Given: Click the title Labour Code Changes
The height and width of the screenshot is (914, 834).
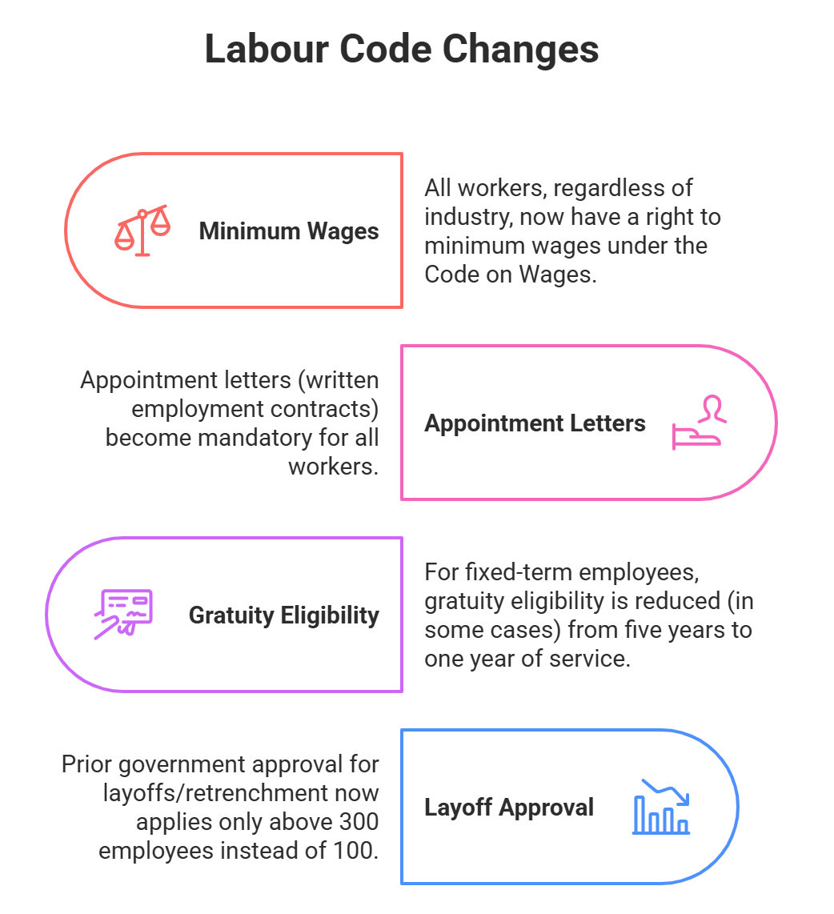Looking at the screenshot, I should pyautogui.click(x=401, y=50).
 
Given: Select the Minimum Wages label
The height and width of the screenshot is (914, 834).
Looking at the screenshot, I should pyautogui.click(x=289, y=231).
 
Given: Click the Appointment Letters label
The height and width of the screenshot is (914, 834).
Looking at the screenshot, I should pyautogui.click(x=535, y=423).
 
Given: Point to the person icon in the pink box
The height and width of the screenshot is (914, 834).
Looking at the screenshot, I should pyautogui.click(x=698, y=423).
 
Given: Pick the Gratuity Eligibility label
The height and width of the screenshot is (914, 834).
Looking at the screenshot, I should pyautogui.click(x=283, y=615).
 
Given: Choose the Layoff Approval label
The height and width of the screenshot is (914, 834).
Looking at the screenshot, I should pyautogui.click(x=508, y=807).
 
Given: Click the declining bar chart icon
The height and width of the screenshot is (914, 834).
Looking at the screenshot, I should pyautogui.click(x=661, y=807).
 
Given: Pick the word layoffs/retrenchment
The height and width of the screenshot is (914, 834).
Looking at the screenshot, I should pyautogui.click(x=203, y=793).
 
